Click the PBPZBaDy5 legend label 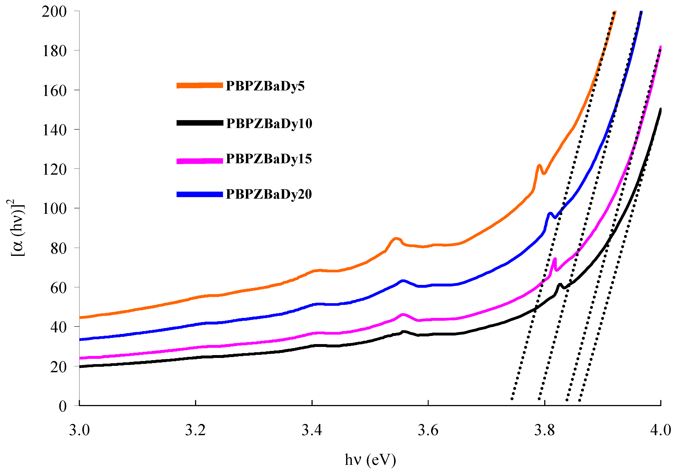pyautogui.click(x=265, y=86)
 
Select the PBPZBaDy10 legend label pyautogui.click(x=269, y=123)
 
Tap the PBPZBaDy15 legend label pyautogui.click(x=269, y=159)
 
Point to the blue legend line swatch pyautogui.click(x=200, y=194)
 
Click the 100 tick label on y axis pyautogui.click(x=54, y=209)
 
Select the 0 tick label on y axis pyautogui.click(x=63, y=407)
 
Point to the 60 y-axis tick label pyautogui.click(x=59, y=288)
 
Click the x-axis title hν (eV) pyautogui.click(x=371, y=460)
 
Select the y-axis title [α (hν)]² pyautogui.click(x=16, y=228)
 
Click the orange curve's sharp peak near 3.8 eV pyautogui.click(x=539, y=166)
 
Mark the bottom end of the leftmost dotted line pyautogui.click(x=512, y=399)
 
